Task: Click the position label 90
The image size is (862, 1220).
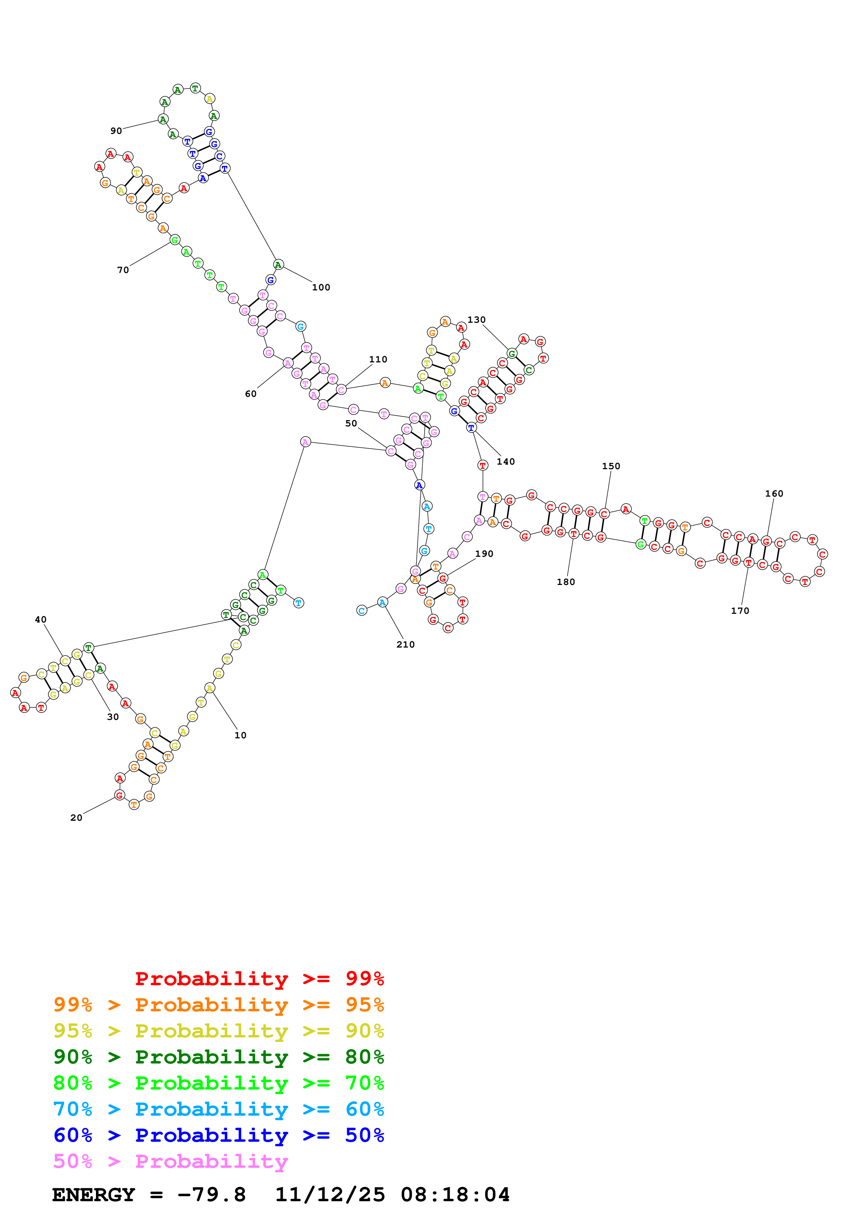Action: [116, 131]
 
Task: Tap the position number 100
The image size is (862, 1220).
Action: [321, 288]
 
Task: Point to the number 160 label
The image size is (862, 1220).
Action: [774, 493]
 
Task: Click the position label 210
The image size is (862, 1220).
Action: [405, 644]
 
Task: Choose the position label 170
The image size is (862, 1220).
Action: [740, 611]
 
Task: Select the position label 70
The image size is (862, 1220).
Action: [123, 270]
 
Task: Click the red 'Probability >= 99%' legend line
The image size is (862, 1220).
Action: [259, 979]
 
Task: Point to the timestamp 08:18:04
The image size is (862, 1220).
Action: [455, 1195]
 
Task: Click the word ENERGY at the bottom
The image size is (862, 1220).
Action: [94, 1195]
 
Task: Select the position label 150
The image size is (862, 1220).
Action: [611, 466]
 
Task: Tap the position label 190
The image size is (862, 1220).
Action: [484, 554]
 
